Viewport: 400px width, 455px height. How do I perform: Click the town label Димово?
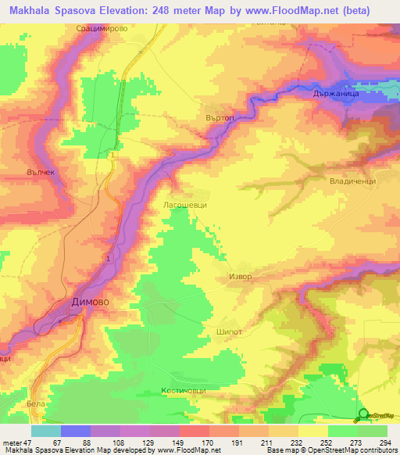point(83,302)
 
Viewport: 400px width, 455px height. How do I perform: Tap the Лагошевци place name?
point(184,203)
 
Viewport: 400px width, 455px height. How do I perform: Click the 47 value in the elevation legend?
point(27,443)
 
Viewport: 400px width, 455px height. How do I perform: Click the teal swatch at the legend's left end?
point(45,431)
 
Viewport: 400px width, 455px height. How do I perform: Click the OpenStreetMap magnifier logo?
point(364,414)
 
